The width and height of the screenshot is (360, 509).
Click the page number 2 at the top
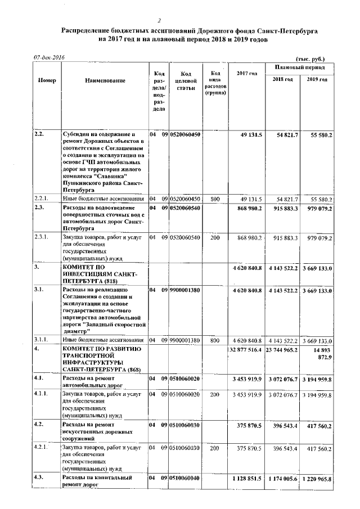[x=175, y=20]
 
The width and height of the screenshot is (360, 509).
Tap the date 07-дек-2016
[x=49, y=57]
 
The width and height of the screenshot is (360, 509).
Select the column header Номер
[x=47, y=80]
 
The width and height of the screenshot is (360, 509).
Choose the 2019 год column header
[x=318, y=79]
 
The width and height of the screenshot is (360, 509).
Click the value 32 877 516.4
[x=245, y=349]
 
